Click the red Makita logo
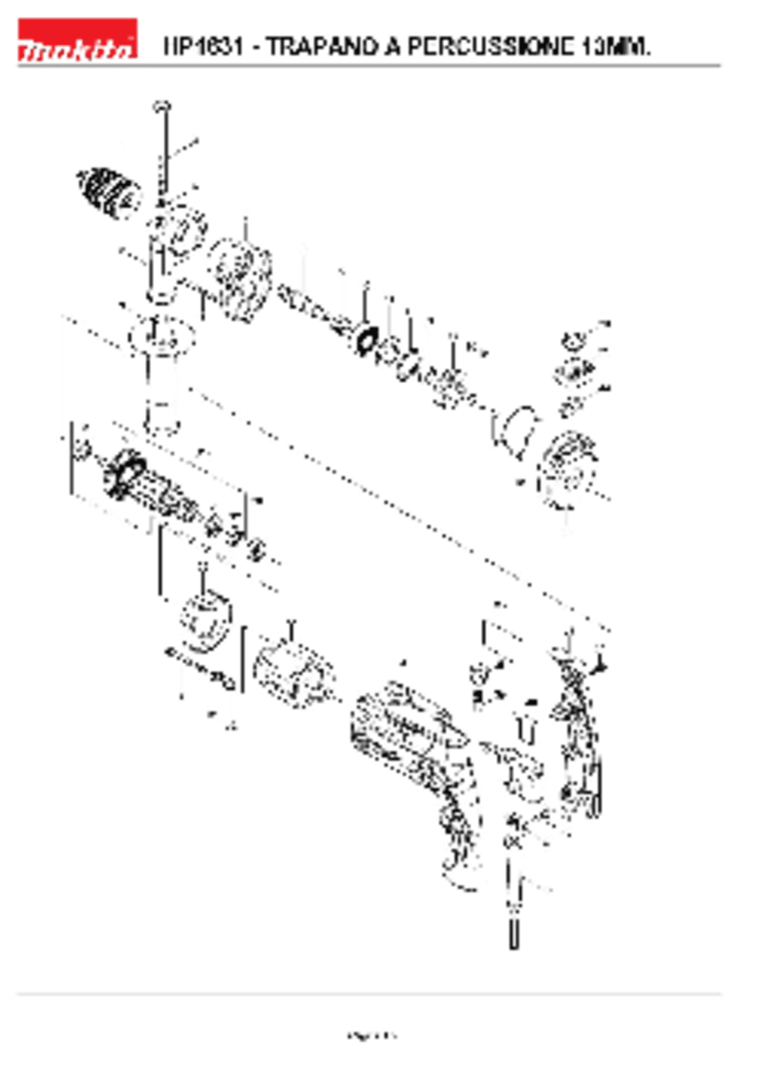click(77, 40)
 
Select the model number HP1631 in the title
click(203, 46)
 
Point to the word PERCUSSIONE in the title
click(491, 46)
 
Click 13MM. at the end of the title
click(616, 46)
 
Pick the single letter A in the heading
click(393, 46)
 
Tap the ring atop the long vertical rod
click(161, 106)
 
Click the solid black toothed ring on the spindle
click(366, 341)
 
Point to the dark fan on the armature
click(124, 473)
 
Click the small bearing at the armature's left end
click(82, 450)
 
